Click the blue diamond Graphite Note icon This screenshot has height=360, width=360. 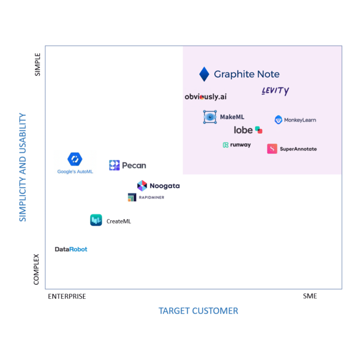[204, 74]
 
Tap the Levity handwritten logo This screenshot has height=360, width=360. [275, 91]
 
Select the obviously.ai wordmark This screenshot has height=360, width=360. [205, 97]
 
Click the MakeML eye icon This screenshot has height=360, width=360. [210, 117]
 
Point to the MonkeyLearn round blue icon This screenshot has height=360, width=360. [278, 120]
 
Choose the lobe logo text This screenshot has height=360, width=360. [243, 130]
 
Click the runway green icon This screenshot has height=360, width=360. [225, 145]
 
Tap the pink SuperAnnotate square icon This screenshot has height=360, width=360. [272, 149]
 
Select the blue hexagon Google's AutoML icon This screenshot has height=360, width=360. [75, 159]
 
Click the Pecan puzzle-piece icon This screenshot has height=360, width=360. [114, 165]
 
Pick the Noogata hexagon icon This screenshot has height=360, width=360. [142, 186]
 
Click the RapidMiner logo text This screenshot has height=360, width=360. [151, 198]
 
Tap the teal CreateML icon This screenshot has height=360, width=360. [96, 220]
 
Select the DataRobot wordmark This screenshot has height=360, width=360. [71, 249]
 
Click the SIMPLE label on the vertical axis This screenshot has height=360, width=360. [37, 64]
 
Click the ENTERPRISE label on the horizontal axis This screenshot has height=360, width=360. [67, 296]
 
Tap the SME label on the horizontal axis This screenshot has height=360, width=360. [310, 296]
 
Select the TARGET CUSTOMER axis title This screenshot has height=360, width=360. [198, 311]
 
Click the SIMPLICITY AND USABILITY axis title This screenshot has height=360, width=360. [22, 167]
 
